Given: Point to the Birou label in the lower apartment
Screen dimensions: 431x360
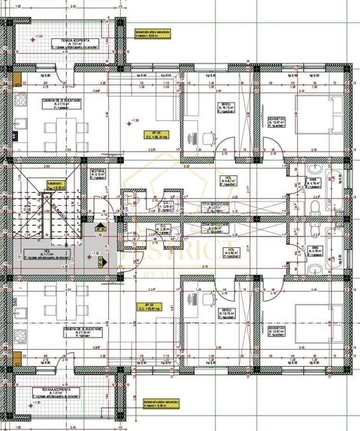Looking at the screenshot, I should click(204, 312).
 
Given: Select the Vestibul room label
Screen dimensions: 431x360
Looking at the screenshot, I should click(97, 172).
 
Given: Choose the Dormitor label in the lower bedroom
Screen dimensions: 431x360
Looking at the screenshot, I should click(277, 326).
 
